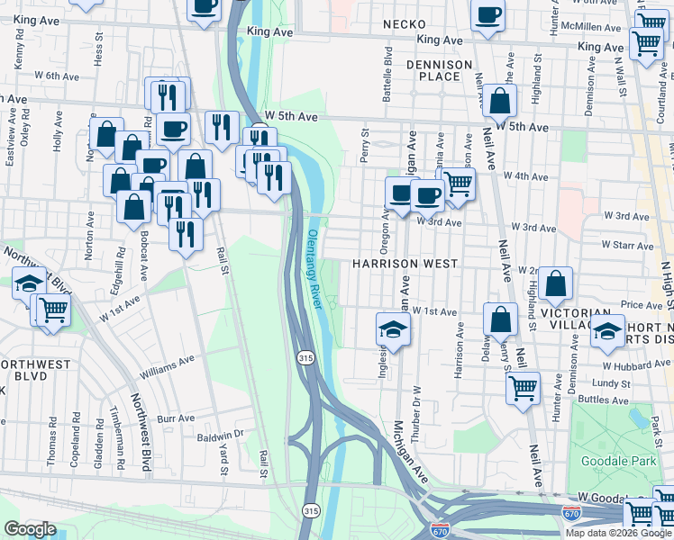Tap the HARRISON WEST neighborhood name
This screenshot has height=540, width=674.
405,265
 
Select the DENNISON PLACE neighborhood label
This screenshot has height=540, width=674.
439,70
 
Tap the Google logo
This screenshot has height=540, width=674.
29,529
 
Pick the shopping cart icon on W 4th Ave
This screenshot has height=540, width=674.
459,184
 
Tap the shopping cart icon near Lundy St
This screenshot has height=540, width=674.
523,389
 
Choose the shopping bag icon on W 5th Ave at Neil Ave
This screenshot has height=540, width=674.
499,102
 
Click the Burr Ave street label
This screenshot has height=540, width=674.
176,418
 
